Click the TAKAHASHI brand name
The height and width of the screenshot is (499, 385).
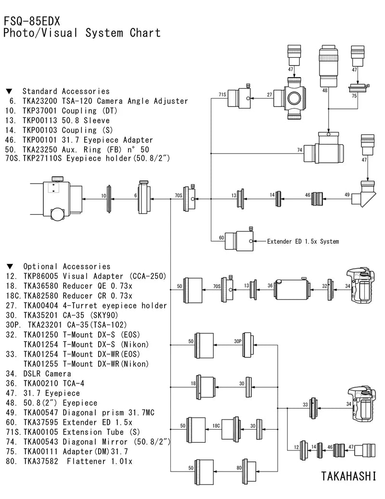[348, 476]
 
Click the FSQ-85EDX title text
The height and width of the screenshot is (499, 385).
[32, 21]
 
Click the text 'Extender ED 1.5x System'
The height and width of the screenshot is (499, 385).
[303, 241]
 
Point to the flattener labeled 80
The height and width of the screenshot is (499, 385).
[249, 470]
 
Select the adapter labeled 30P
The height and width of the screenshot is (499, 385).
[248, 345]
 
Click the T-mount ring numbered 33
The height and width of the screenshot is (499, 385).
[314, 408]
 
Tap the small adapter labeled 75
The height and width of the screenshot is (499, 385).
[359, 87]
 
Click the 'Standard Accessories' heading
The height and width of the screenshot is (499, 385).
[66, 92]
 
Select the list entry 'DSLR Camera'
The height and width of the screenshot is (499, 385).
[47, 374]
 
